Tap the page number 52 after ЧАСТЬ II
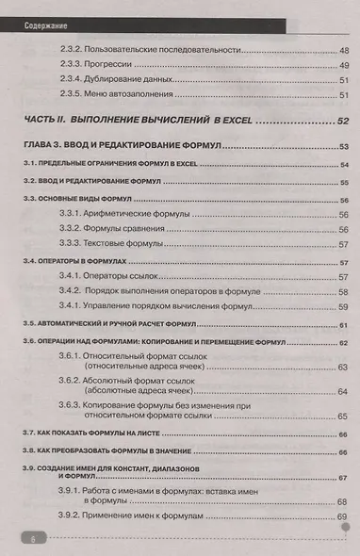click(341, 121)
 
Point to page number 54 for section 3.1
click(343, 164)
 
